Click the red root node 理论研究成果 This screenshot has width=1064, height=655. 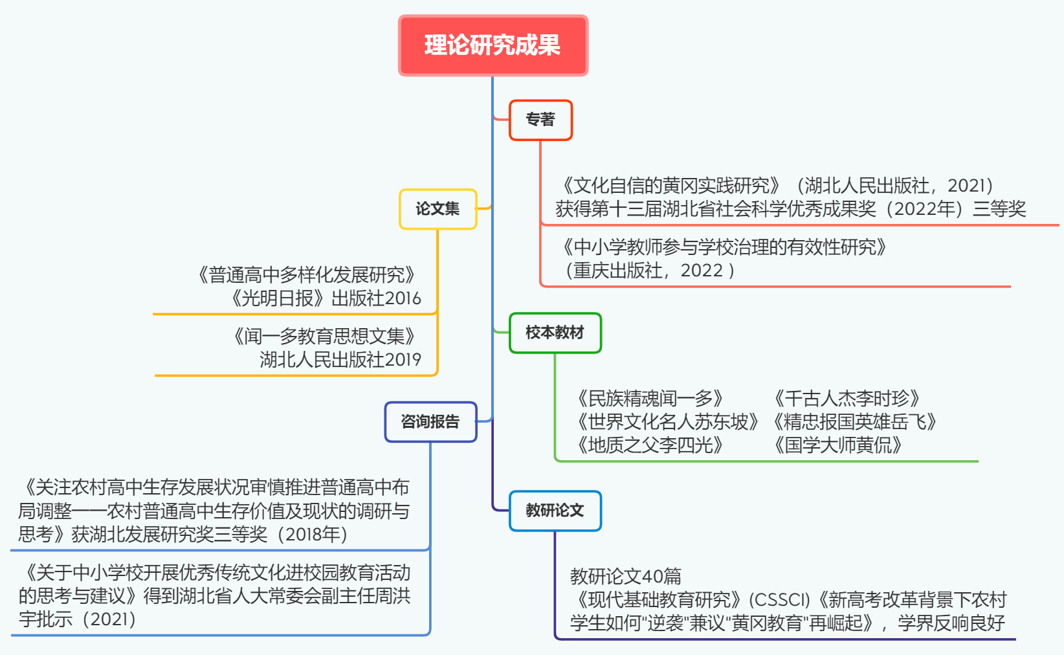tap(493, 45)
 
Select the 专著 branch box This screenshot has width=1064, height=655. tap(540, 120)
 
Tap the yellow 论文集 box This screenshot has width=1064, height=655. tap(438, 209)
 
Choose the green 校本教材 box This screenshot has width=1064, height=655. tap(555, 333)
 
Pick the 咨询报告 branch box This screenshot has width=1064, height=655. tap(430, 422)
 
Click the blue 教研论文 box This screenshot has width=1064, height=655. tap(555, 511)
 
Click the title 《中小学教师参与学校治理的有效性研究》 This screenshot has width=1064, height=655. tap(724, 247)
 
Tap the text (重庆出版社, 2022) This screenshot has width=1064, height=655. tap(650, 271)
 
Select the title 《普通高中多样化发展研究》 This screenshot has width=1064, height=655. tap(306, 275)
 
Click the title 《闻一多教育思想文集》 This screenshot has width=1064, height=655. tap(324, 336)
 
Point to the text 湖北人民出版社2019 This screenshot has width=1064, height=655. tap(340, 359)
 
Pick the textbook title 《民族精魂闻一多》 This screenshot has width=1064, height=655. tap(649, 398)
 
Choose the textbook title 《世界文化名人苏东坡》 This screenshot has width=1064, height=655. tap(667, 422)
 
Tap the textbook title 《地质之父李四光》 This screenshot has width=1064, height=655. tap(649, 445)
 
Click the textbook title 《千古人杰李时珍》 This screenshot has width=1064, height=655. tap(847, 398)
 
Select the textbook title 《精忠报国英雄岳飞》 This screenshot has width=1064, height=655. tap(854, 422)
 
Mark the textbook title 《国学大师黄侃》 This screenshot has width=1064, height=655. tap(837, 445)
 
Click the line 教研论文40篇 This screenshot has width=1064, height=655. tap(626, 576)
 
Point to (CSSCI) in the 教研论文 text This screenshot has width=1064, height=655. tap(779, 600)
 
